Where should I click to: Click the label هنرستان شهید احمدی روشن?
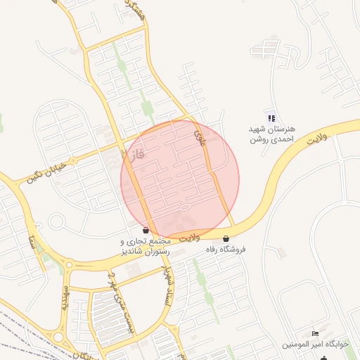pyautogui.click(x=273, y=134)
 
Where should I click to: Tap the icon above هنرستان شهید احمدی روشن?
pyautogui.click(x=271, y=117)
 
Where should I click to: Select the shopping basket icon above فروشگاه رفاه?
pyautogui.click(x=226, y=238)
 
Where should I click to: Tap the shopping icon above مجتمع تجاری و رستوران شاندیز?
pyautogui.click(x=146, y=230)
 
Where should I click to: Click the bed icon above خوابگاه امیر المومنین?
pyautogui.click(x=314, y=333)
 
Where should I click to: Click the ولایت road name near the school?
pyautogui.click(x=317, y=136)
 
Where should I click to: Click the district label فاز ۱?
pyautogui.click(x=133, y=153)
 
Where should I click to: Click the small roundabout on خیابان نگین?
pyautogui.click(x=56, y=221)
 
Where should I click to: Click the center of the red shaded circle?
pyautogui.click(x=180, y=179)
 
